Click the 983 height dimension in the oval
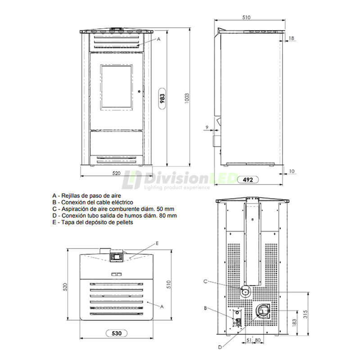pos(162,99)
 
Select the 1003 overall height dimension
pos(187,98)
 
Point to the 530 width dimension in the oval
pos(117,333)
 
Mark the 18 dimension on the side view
pos(292,39)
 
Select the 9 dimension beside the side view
pos(206,128)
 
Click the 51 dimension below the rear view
pos(249,340)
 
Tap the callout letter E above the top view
pos(157,243)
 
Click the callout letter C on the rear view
pos(205,282)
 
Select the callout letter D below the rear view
pos(220,347)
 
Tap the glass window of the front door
pos(117,87)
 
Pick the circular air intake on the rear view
pos(245,292)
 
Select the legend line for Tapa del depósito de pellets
pos(93,222)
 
